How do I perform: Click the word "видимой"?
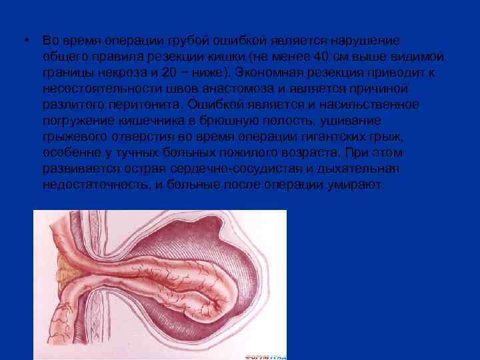(x=417, y=57)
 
